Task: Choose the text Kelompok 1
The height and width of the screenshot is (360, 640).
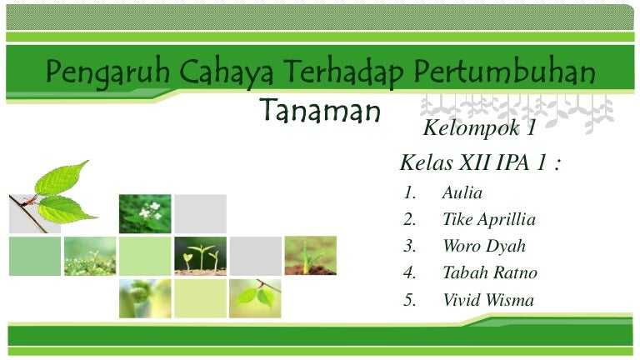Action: [478, 129]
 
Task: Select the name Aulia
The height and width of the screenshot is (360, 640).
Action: [462, 193]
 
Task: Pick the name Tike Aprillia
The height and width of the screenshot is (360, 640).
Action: [488, 220]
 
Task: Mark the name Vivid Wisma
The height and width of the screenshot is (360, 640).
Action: [488, 301]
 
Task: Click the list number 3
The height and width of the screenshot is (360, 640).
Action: [409, 247]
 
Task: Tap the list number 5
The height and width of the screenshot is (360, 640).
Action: [409, 301]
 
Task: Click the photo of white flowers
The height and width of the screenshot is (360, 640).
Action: [145, 213]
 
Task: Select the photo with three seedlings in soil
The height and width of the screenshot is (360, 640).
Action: [200, 255]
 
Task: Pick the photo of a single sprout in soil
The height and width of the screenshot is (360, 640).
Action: [310, 255]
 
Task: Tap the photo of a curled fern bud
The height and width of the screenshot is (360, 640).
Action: [145, 297]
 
